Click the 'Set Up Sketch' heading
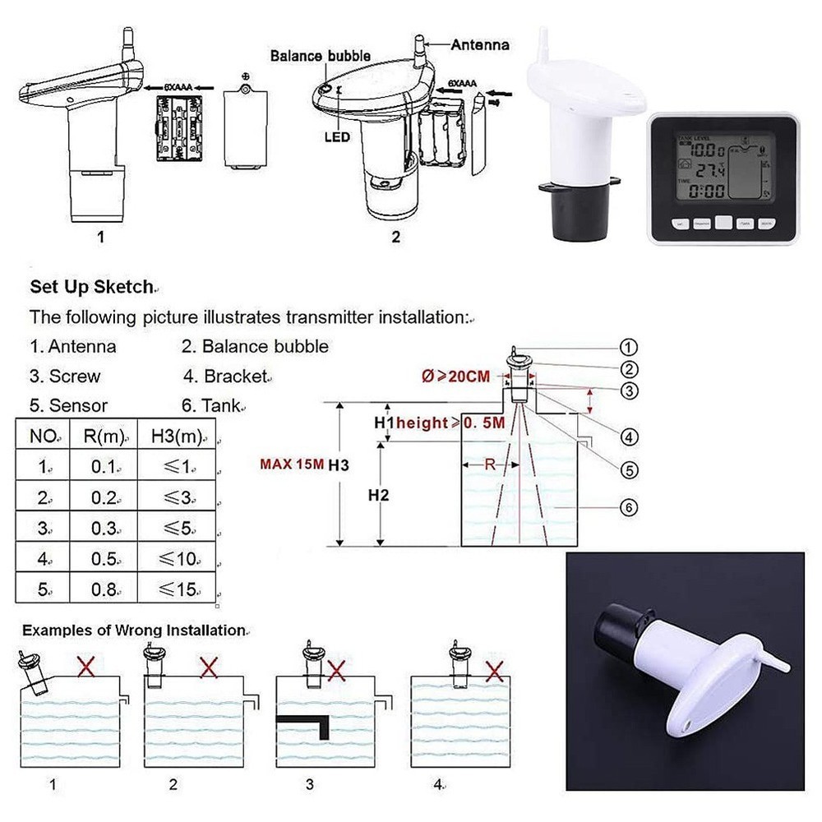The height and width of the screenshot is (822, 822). pos(91,287)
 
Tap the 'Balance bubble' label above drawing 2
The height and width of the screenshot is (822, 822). pos(321,56)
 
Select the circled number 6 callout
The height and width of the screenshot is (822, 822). pos(629,507)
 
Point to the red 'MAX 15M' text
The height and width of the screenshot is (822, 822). pos(292,464)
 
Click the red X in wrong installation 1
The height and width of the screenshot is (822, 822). pos(85,667)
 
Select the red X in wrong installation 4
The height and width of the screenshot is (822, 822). pos(494,671)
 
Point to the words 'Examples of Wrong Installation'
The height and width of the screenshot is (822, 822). pos(133,630)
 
